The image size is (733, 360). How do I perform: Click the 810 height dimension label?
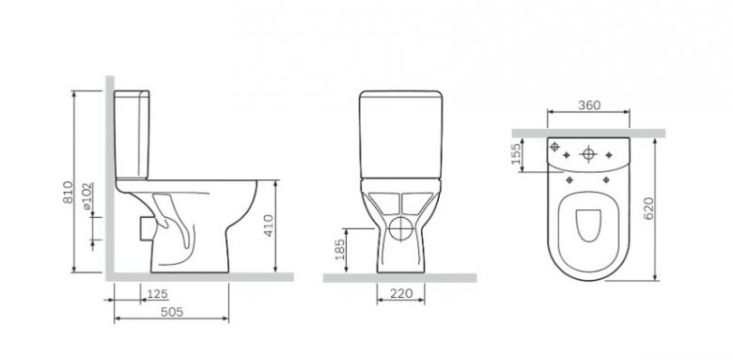69,192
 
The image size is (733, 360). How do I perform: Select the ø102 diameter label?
88,196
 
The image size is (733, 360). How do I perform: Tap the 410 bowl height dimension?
269,225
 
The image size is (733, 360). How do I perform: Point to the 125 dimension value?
158,294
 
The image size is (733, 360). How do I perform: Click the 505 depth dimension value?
172,312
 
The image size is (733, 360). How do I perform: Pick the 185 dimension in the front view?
340,249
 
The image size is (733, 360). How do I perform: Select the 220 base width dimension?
401,293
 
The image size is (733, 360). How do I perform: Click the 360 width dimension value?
589,105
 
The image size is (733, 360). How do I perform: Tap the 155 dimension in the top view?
516,154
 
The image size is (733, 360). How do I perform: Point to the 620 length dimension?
648,209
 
